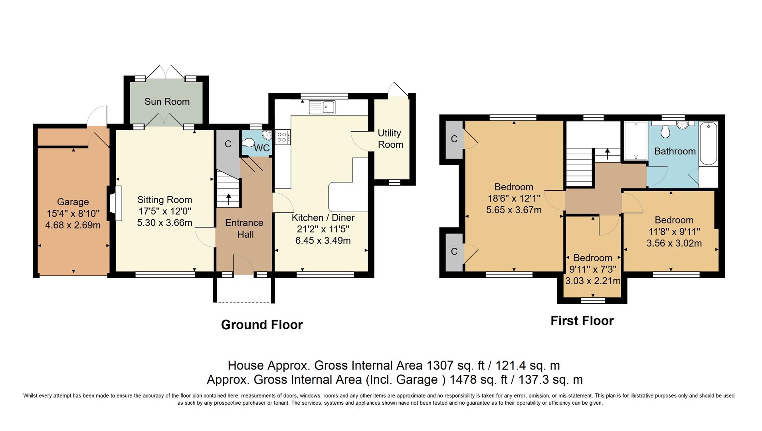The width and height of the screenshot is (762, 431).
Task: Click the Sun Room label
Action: [x=167, y=102]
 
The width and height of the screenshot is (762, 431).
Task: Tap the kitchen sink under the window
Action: [x=322, y=107]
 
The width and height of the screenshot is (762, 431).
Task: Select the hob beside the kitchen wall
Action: [x=282, y=137]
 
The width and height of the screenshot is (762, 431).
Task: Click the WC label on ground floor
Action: [x=262, y=148]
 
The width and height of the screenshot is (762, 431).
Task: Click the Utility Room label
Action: [x=390, y=139]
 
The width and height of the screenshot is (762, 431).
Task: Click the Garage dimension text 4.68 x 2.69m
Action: [x=73, y=225]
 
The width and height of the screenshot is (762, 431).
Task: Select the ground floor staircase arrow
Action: [x=229, y=199]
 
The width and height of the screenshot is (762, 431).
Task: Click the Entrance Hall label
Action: [x=244, y=228]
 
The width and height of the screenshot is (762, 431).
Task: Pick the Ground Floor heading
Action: [x=262, y=325]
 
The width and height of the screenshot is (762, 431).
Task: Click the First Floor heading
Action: [x=582, y=321]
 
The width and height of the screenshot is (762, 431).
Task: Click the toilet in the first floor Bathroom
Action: [x=665, y=131]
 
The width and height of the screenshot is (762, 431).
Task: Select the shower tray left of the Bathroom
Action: [x=635, y=141]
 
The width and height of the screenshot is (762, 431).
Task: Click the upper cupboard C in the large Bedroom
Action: [x=454, y=139]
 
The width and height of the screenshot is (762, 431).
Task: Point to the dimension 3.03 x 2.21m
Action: [x=593, y=281]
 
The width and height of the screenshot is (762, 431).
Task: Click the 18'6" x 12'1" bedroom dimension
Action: [x=514, y=198]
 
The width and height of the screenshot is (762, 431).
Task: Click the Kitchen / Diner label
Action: [x=323, y=218]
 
